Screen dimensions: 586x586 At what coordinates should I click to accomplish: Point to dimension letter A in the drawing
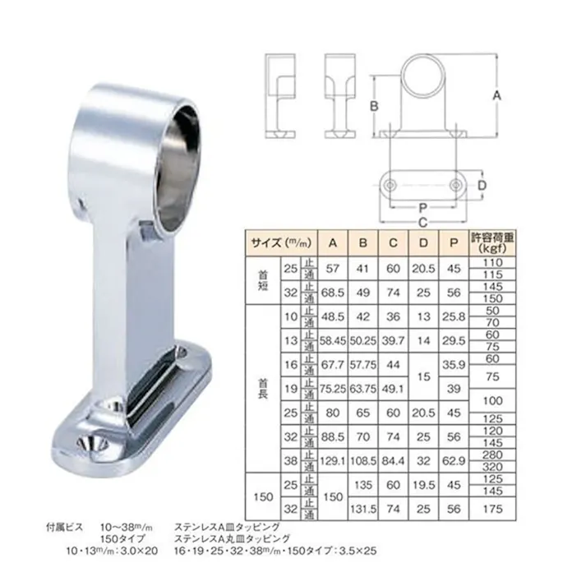pos(496,96)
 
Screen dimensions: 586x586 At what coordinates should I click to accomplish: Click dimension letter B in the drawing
pos(372,105)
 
